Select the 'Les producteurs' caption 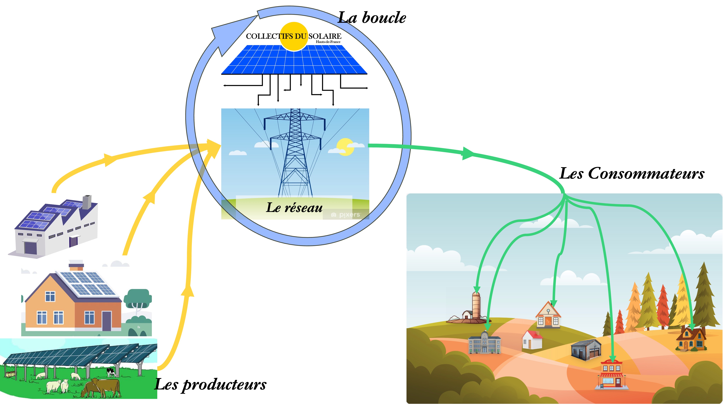coord(211,384)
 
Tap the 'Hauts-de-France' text coord(328,42)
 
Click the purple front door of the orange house coord(106,321)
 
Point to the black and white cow coord(111,372)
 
